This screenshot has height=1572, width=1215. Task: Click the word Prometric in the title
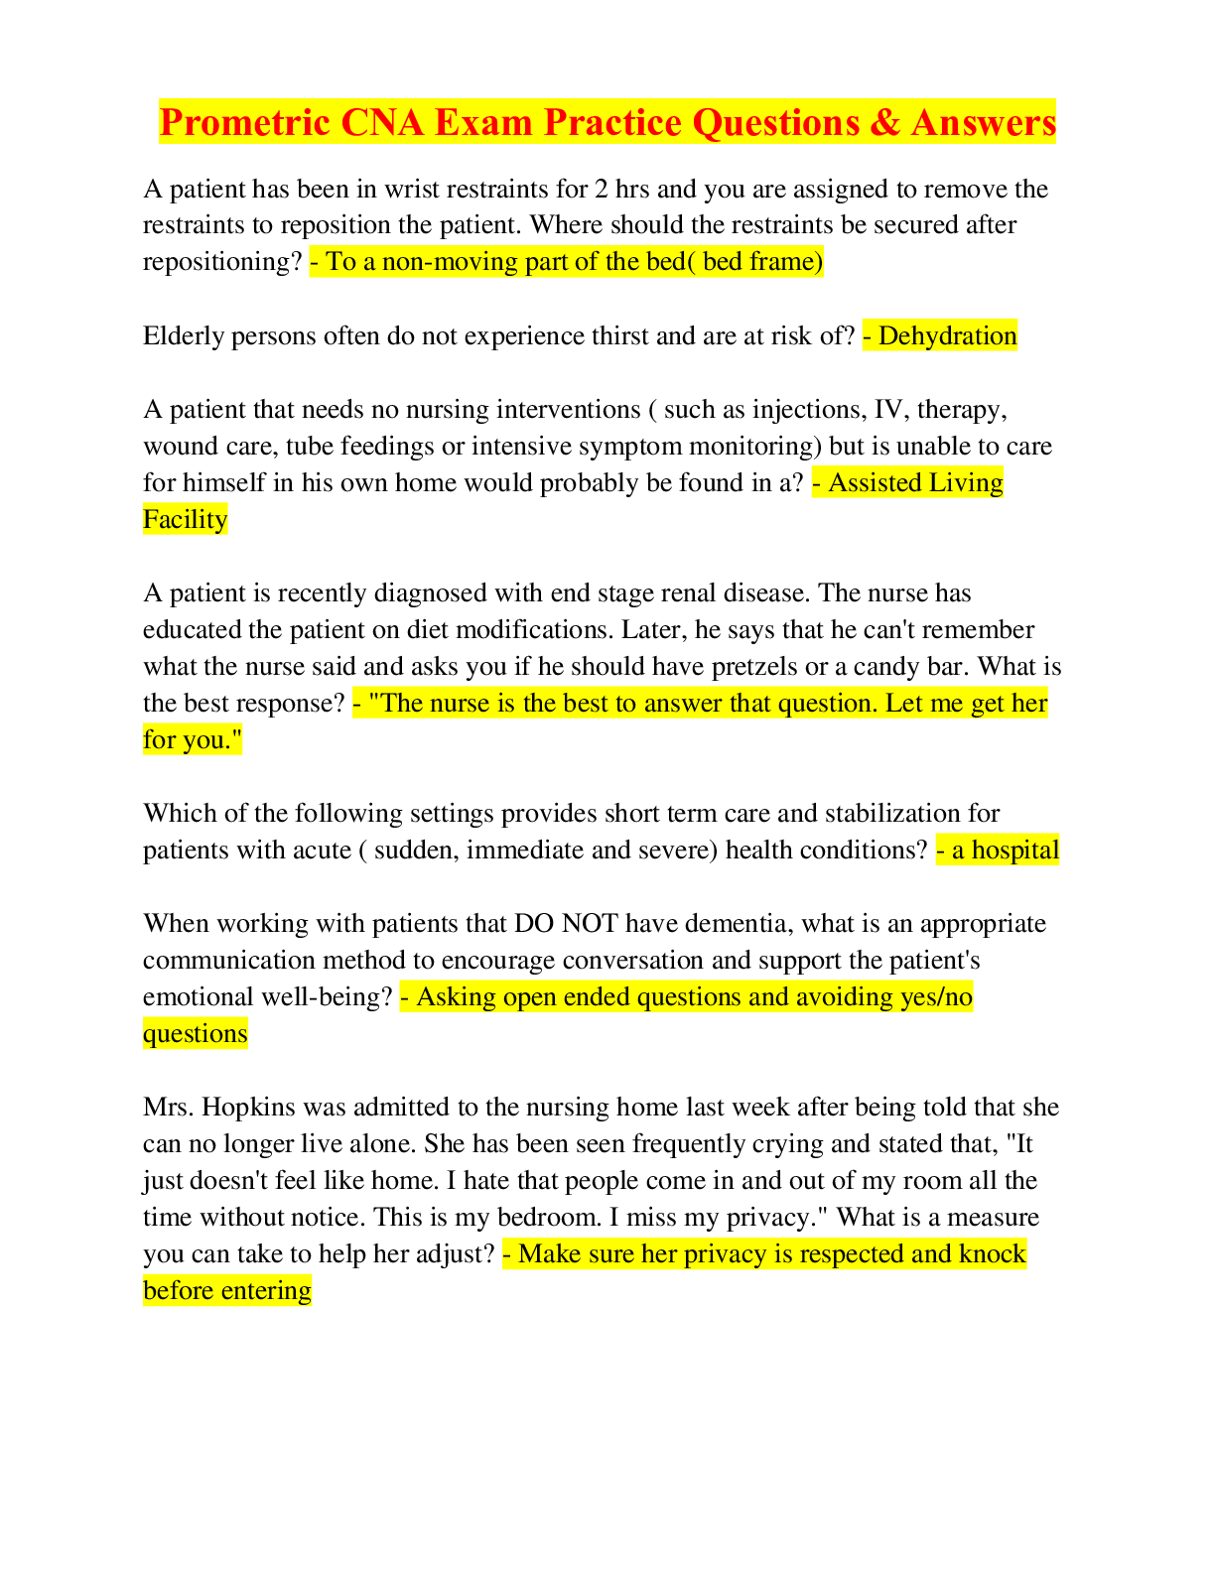click(244, 121)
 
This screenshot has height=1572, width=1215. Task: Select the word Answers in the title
click(984, 121)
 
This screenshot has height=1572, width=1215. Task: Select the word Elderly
click(184, 336)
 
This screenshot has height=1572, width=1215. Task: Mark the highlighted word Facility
click(186, 519)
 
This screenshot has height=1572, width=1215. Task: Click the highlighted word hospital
click(1015, 851)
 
